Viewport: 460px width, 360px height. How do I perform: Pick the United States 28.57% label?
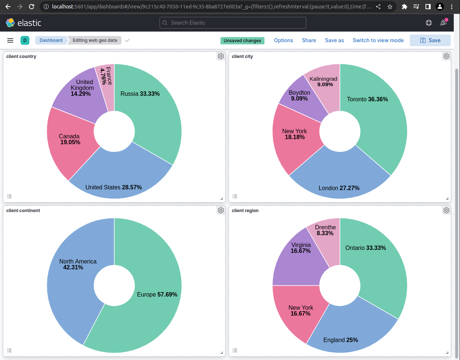coord(114,187)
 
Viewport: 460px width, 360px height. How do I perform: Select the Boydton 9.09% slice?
coord(299,96)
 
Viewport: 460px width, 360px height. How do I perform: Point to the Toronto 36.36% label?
coord(367,99)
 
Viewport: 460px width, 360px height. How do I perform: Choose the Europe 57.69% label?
coord(157,294)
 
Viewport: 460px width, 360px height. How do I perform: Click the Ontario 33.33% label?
coord(365,248)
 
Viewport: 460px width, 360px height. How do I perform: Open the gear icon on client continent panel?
coord(221,210)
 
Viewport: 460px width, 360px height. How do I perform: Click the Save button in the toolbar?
coord(430,40)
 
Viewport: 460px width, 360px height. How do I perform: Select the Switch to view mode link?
coord(378,40)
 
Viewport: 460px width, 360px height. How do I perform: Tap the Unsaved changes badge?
coord(242,41)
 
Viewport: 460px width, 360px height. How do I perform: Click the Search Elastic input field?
coord(233,23)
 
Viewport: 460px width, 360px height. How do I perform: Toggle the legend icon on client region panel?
coord(235,350)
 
